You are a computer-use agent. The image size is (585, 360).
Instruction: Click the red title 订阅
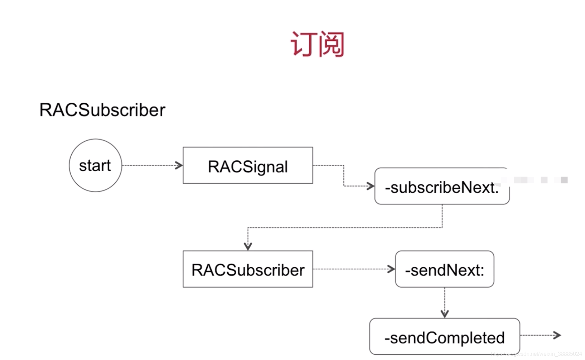click(317, 44)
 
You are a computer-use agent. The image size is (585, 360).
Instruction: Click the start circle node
click(95, 165)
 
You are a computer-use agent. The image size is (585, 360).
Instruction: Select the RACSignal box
click(248, 165)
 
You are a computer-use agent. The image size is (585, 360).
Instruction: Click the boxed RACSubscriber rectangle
click(248, 269)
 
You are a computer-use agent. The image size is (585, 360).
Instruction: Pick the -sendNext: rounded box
click(444, 269)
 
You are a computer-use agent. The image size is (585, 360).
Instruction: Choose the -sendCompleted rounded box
click(444, 337)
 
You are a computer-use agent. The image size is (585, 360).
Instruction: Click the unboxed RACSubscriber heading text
click(102, 110)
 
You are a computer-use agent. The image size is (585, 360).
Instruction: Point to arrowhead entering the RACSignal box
click(179, 165)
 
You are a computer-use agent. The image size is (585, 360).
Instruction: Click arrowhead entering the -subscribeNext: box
click(371, 186)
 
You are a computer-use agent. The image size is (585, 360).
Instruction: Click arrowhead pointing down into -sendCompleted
click(444, 314)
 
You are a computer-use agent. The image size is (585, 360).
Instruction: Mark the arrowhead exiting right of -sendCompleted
click(558, 335)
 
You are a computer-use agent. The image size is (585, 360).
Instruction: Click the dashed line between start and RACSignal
click(149, 165)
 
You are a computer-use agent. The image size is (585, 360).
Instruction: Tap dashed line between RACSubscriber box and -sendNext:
click(351, 269)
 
